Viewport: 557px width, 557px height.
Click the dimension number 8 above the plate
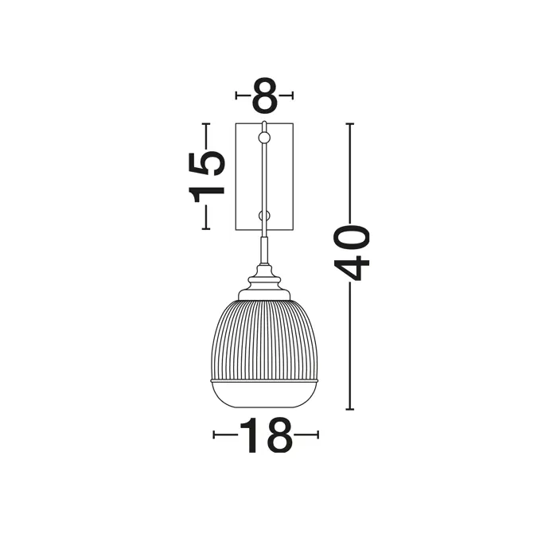[265, 96]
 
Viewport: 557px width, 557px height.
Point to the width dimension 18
[266, 435]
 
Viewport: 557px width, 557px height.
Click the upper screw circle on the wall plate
[265, 138]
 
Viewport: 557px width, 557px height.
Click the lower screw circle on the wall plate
[265, 216]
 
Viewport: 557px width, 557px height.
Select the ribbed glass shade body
[265, 338]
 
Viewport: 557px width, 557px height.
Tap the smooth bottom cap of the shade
[265, 394]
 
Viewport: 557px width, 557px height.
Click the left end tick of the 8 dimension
[237, 96]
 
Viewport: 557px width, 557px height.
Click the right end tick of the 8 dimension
[294, 96]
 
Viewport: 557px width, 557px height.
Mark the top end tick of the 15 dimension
[207, 123]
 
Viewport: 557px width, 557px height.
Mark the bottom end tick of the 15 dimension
[207, 228]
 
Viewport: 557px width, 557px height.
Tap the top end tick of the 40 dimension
[350, 124]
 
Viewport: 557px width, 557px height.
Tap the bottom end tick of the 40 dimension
[350, 409]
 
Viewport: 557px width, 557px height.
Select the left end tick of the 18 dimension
[214, 435]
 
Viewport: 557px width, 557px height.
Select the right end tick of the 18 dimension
[317, 435]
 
